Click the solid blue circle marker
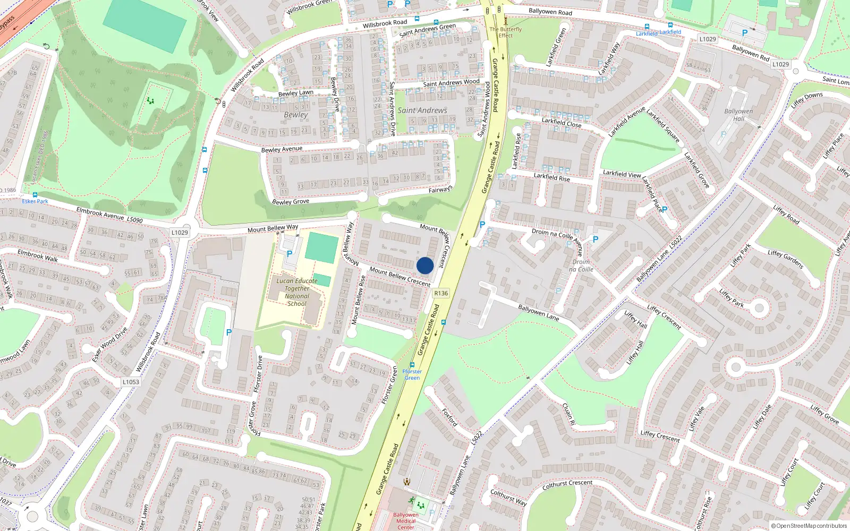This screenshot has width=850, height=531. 425,265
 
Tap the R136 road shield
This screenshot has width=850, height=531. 441,293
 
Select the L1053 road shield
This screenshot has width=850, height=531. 131,382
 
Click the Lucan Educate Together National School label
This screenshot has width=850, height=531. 296,292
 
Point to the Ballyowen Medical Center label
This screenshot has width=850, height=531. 406,521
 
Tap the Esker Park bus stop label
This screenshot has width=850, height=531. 35,201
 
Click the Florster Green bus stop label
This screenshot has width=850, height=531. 412,374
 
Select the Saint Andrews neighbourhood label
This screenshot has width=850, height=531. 422,110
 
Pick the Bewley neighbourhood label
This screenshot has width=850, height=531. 296,115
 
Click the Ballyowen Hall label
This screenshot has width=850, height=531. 738,115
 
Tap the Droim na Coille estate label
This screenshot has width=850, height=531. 581,265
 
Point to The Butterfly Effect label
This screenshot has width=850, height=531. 506,32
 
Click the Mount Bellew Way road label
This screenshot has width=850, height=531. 273,228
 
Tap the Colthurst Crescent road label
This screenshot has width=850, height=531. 567,484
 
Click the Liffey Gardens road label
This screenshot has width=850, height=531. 785,259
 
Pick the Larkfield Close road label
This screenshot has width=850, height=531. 562,123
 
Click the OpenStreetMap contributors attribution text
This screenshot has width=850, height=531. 809,526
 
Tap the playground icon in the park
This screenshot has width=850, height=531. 150,100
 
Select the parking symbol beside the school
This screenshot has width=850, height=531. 290,254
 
